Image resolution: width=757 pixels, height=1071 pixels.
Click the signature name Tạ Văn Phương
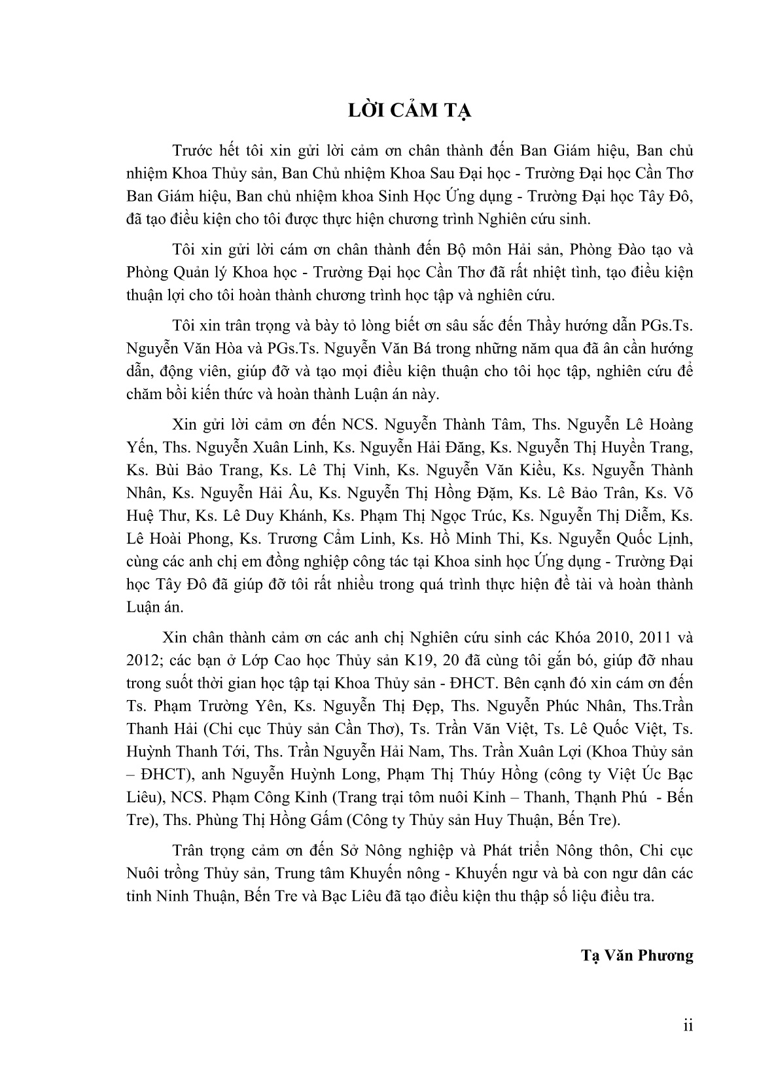(x=637, y=955)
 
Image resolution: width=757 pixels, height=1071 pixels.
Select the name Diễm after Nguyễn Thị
(x=643, y=515)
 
